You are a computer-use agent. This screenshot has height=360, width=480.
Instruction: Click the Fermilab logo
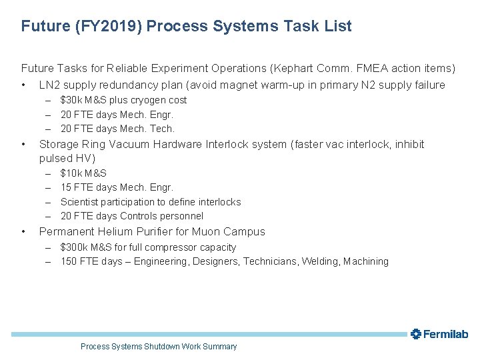click(439, 334)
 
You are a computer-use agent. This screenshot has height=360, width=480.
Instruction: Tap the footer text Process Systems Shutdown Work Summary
click(159, 347)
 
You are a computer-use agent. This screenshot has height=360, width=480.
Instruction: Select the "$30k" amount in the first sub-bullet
click(70, 100)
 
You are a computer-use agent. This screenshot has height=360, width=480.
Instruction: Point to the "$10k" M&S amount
click(70, 173)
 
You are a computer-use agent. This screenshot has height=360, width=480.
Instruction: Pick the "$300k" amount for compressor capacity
click(73, 247)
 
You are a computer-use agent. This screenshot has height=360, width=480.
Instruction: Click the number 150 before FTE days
click(69, 261)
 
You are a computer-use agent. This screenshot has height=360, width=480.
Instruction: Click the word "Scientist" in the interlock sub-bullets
click(81, 202)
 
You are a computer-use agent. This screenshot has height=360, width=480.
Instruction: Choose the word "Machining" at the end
click(365, 261)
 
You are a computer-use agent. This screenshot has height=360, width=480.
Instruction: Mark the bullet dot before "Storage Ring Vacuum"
click(24, 145)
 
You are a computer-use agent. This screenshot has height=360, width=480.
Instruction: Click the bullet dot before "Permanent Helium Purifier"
click(24, 232)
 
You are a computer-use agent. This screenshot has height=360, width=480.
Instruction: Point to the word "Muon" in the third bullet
click(209, 232)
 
